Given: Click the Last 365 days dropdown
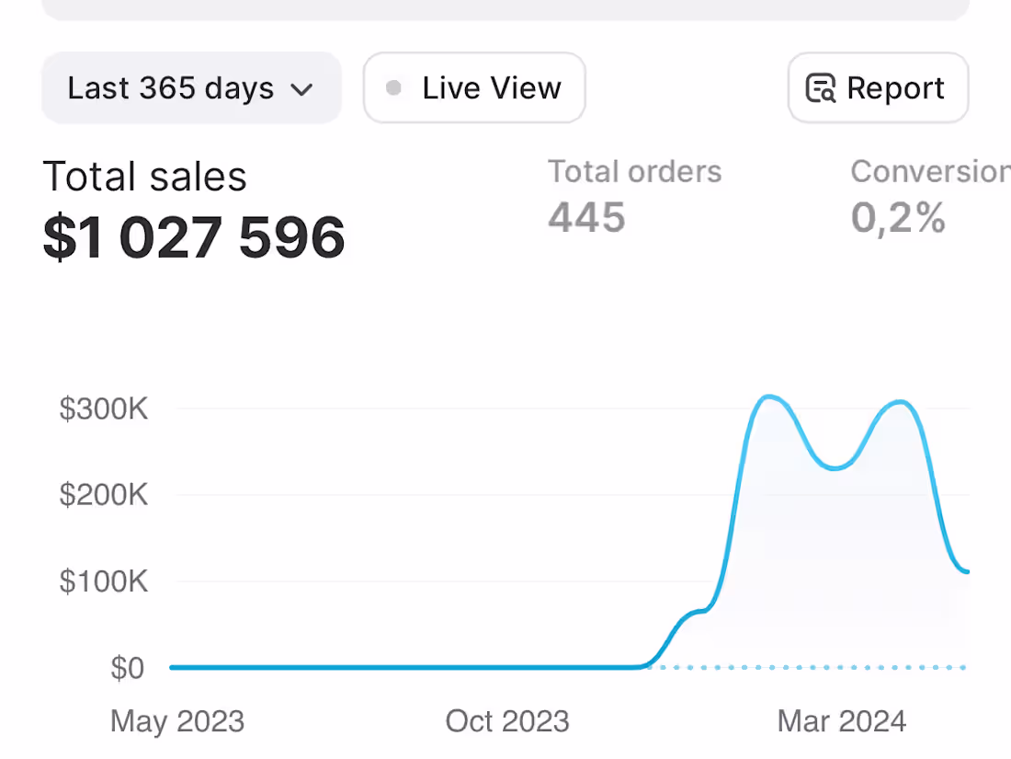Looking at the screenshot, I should click(x=190, y=88).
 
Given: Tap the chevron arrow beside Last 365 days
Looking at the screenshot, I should click(x=301, y=89).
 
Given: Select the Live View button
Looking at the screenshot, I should click(x=474, y=88).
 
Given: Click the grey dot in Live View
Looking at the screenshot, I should click(x=393, y=88).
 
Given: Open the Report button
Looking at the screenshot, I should click(x=878, y=88).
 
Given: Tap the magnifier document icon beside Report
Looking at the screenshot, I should click(x=820, y=88).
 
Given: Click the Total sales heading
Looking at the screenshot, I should click(x=145, y=177).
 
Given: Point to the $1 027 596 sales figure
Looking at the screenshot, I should click(x=194, y=237).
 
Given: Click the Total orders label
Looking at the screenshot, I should click(x=634, y=171).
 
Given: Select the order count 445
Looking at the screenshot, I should click(x=586, y=218).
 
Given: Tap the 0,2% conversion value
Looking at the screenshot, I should click(x=898, y=218).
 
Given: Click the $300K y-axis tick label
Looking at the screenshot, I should click(x=104, y=408).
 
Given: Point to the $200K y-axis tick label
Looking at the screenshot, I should click(x=104, y=495).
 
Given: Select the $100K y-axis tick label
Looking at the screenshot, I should click(x=104, y=581).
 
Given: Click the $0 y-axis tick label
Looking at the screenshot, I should click(x=127, y=668).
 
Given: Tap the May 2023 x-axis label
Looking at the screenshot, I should click(x=177, y=721).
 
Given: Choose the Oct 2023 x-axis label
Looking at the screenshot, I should click(x=507, y=721).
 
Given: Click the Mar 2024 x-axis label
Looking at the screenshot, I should click(x=842, y=721).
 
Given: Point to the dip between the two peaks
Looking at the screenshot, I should click(x=835, y=468).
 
